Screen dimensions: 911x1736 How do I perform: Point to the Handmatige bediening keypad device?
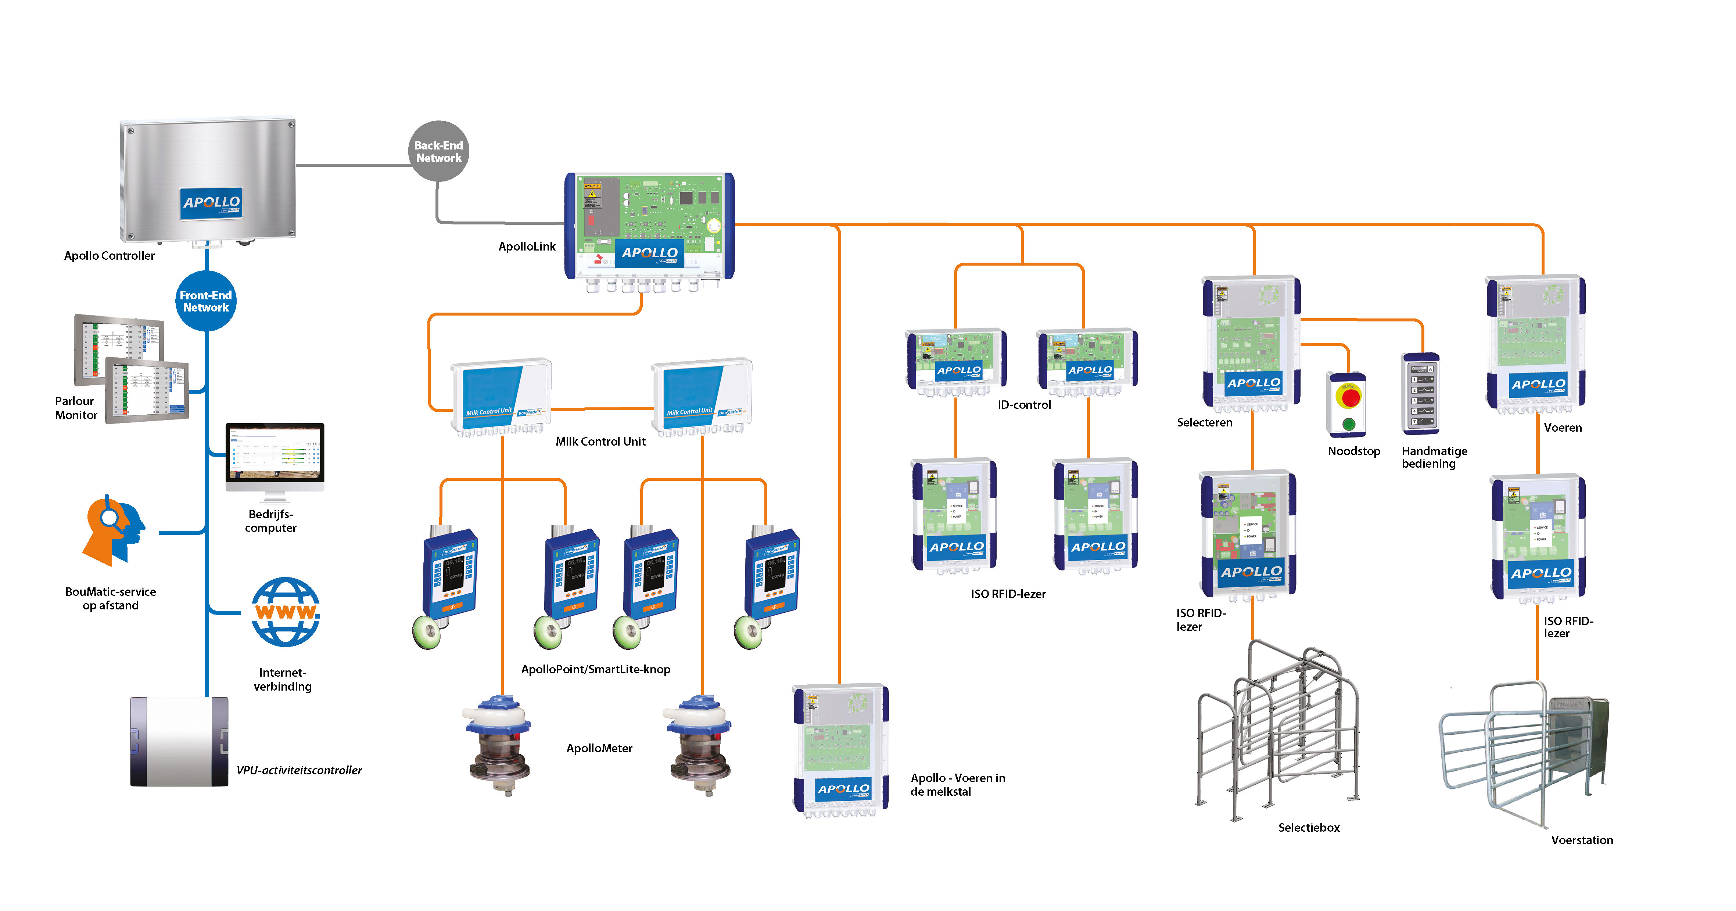point(1421,394)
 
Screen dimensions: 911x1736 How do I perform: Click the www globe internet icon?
point(286,612)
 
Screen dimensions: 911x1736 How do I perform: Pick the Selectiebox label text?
point(1308,828)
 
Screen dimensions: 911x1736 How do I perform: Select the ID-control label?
point(1024,405)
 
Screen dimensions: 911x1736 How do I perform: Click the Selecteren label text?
point(1204,422)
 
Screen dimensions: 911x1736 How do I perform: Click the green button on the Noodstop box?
point(1349,424)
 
